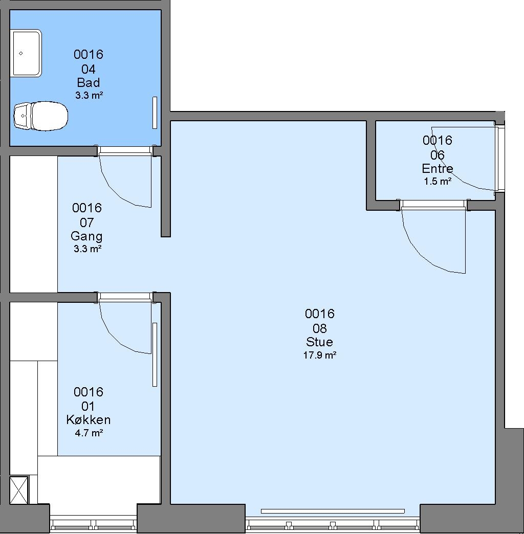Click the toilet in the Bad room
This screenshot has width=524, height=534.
(40, 116)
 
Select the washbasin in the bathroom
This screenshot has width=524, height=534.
(26, 53)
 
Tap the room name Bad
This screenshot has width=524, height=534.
(88, 82)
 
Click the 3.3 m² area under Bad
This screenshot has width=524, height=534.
(89, 95)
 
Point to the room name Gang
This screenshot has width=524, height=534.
(86, 236)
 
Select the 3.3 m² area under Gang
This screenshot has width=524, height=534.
(88, 249)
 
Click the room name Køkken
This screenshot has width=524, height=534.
(88, 419)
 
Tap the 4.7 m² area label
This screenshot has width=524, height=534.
(89, 433)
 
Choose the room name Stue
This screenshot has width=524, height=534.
(319, 342)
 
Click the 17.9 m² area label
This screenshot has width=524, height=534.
(320, 355)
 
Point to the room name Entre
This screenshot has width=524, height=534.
(438, 168)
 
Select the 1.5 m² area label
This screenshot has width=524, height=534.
(438, 181)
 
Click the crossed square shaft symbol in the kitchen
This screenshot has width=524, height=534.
(19, 490)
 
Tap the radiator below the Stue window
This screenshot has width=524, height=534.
(333, 511)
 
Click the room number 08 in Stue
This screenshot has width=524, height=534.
(320, 328)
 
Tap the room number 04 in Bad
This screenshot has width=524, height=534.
(88, 69)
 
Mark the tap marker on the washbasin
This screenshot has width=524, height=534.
(21, 53)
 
